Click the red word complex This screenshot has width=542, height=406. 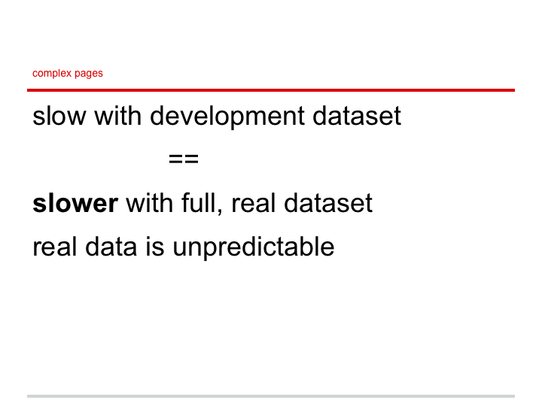click(52, 74)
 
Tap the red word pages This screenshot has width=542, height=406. click(89, 74)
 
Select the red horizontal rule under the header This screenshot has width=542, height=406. click(271, 90)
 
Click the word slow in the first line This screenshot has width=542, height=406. click(59, 116)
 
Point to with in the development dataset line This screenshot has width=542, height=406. click(118, 116)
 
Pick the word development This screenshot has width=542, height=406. click(227, 117)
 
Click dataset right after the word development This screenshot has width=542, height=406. click(357, 116)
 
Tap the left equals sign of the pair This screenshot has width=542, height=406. click(176, 159)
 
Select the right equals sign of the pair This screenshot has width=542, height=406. click(191, 159)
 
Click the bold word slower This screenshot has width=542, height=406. click(75, 203)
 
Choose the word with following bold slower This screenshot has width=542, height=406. click(150, 203)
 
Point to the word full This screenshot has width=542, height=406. click(199, 203)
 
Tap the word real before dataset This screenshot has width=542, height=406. click(254, 203)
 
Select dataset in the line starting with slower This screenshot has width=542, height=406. click(328, 203)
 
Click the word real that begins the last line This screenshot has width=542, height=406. click(55, 247)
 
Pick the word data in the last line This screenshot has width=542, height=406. click(111, 247)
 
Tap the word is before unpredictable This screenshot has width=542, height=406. click(155, 247)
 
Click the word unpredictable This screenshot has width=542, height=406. click(254, 247)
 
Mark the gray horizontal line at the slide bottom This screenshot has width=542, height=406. click(271, 396)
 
